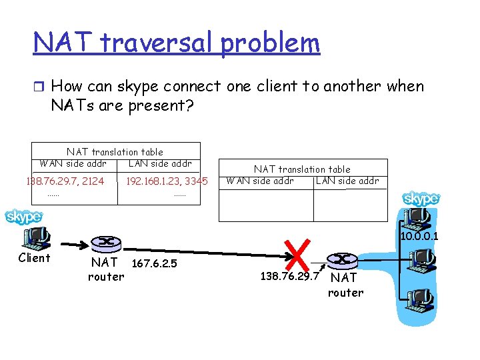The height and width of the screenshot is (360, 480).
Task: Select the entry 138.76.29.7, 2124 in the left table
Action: click(x=65, y=181)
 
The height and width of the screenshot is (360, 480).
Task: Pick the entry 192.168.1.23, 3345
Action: click(x=167, y=181)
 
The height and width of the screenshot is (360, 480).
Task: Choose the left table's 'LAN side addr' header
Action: click(x=160, y=163)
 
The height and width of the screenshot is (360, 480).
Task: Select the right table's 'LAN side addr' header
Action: click(x=347, y=181)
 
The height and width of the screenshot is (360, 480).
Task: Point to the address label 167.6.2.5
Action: click(x=155, y=263)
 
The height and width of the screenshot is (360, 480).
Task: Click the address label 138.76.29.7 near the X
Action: click(x=287, y=276)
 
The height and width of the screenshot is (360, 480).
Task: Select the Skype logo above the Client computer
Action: click(x=24, y=217)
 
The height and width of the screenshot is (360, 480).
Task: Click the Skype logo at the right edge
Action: click(x=421, y=199)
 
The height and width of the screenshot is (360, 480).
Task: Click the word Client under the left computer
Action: click(x=34, y=258)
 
